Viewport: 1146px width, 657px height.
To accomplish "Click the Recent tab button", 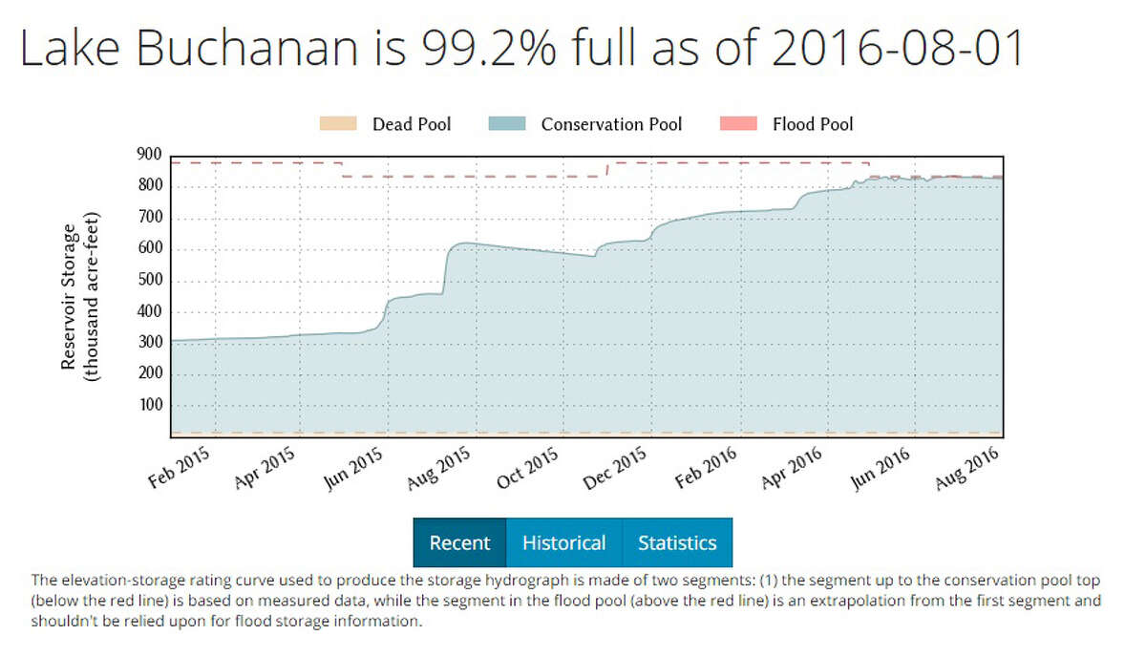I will click(459, 543).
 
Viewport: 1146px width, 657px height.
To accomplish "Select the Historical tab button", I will click(563, 543).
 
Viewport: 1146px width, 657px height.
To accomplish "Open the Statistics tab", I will click(677, 543).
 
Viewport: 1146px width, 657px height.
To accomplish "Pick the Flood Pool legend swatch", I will click(733, 124).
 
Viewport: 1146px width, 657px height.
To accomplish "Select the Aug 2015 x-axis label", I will click(442, 468).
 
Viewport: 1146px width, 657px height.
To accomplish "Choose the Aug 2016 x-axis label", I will click(966, 468).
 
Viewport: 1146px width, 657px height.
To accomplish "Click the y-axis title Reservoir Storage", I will click(69, 296).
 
